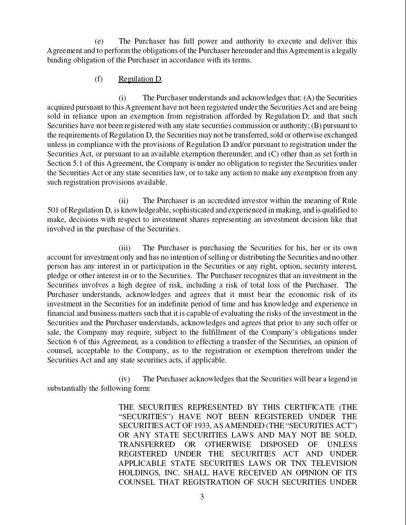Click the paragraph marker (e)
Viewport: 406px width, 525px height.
click(99, 41)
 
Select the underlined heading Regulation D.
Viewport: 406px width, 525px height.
click(140, 79)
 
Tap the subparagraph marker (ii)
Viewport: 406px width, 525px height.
click(123, 201)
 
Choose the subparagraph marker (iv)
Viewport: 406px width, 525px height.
click(124, 379)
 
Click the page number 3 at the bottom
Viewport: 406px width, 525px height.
click(202, 497)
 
